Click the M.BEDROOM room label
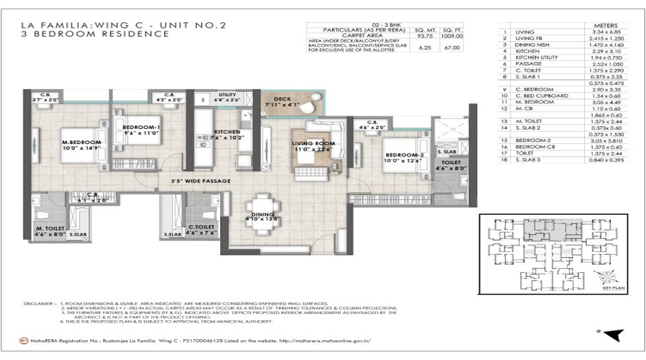[x=80, y=142]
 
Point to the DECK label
[x=281, y=99]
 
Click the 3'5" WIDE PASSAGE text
[x=201, y=181]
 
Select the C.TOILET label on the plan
[x=200, y=228]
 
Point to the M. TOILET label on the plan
[x=49, y=230]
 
